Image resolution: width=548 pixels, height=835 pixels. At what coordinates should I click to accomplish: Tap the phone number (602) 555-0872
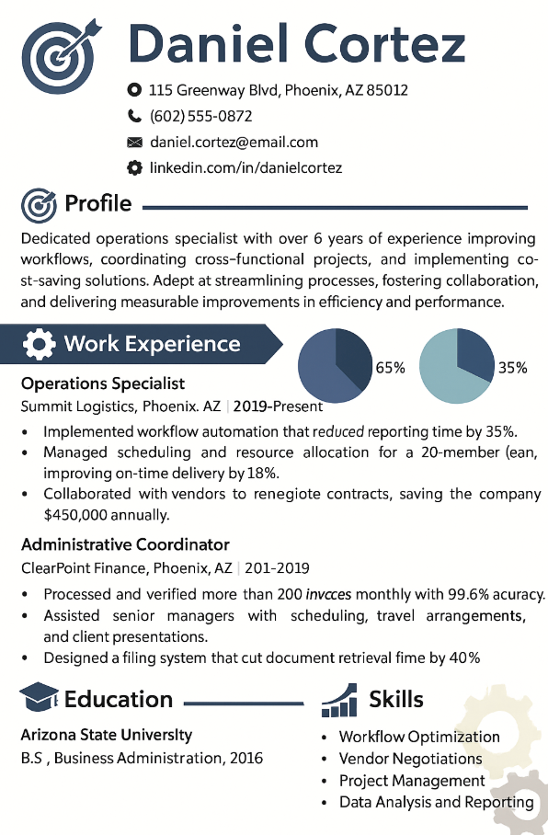pos(200,117)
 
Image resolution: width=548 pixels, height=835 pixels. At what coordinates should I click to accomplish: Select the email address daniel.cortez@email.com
pos(234,143)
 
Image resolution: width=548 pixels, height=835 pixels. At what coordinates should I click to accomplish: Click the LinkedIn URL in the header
pos(245,168)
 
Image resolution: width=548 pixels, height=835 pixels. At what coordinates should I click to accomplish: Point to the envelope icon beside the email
pos(134,143)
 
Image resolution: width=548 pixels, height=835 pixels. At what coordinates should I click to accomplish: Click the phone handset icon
pos(134,117)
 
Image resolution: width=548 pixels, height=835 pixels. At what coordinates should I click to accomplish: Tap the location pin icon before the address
pos(134,90)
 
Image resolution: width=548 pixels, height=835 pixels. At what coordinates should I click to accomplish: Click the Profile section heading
pos(97,204)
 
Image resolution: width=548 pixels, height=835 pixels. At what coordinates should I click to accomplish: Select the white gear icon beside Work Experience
pos(39,345)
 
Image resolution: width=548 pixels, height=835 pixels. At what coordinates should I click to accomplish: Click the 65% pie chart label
pos(390,368)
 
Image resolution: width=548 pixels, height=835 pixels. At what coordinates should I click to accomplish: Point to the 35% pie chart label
pos(512,368)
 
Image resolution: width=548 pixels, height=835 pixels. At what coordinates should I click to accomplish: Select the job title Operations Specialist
pos(103,383)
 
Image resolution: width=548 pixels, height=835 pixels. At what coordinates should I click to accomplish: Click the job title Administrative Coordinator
pos(125,544)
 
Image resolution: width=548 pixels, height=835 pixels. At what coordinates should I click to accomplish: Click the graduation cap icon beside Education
pos(39,700)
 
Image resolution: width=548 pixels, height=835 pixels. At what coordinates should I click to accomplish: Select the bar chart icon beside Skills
pos(338,700)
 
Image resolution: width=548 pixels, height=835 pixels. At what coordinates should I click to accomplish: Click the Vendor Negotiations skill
pos(410,759)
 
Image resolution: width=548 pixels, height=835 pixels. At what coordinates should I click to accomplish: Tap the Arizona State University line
pos(107,735)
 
